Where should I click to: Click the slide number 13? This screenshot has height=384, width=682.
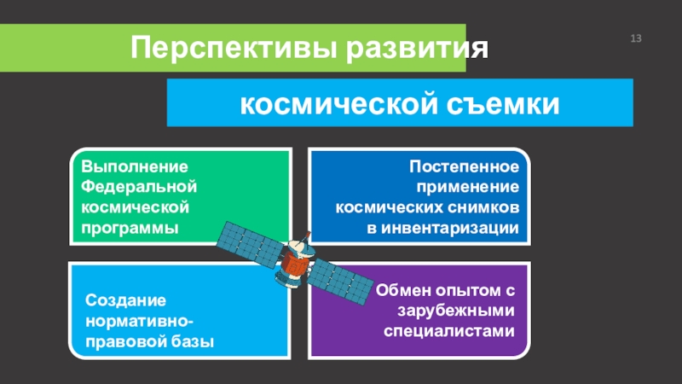635,39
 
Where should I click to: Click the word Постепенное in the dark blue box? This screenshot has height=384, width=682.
465,166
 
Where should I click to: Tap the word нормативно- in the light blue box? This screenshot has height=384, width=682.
140,322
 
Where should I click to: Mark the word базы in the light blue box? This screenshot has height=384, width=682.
194,342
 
